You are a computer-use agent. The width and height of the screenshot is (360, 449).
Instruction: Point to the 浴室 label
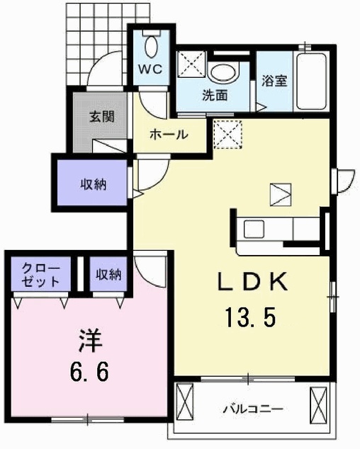point(274,81)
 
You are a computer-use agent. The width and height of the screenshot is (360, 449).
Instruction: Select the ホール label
point(169,135)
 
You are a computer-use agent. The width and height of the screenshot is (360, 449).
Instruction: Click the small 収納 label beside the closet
point(109,274)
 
